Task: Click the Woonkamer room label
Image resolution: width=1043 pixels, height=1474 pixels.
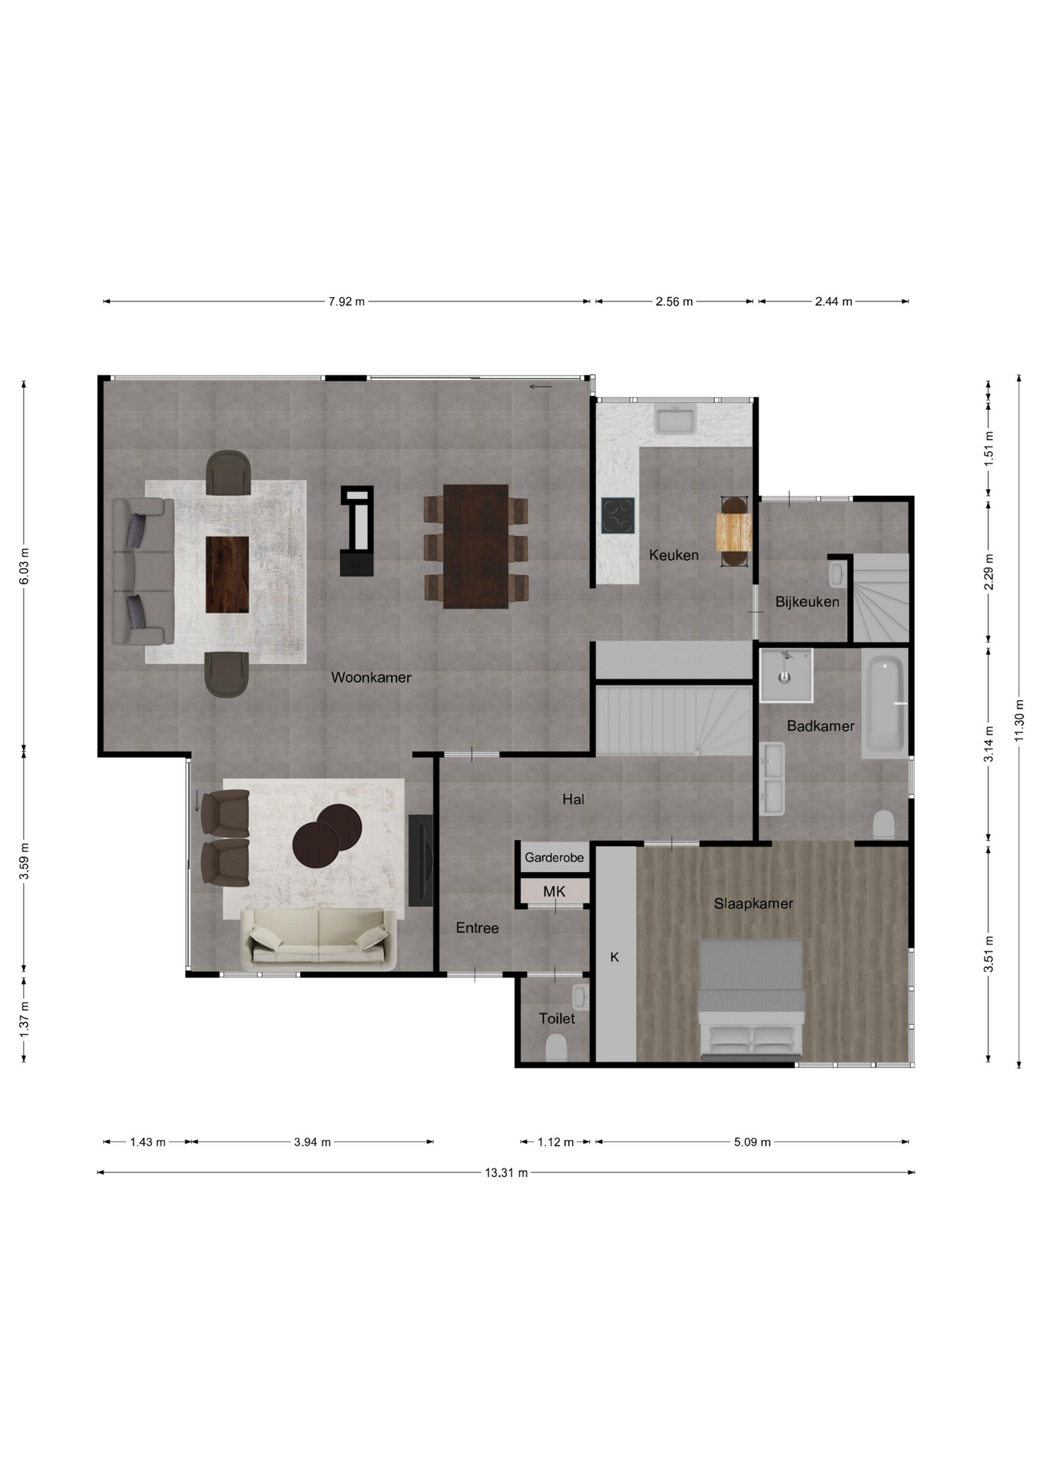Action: (371, 677)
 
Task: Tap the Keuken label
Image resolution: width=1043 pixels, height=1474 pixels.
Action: (674, 555)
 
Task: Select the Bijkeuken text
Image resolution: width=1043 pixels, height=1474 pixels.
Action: (806, 602)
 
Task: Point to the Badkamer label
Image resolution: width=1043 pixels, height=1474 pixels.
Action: (820, 725)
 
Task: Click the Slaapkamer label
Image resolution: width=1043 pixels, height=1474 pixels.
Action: (753, 904)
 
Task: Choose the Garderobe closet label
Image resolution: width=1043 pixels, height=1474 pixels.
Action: (555, 858)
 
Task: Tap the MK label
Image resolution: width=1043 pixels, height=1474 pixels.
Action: (555, 891)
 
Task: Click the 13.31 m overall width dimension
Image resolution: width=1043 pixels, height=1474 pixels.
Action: (506, 1172)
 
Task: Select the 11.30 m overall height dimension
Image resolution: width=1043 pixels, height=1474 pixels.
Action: (1019, 721)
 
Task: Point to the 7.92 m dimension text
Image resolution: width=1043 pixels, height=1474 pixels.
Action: (346, 302)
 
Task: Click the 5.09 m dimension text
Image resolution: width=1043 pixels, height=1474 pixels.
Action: (752, 1142)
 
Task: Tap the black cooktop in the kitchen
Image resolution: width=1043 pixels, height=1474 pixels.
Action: (618, 515)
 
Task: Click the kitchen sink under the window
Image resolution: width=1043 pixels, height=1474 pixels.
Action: (675, 420)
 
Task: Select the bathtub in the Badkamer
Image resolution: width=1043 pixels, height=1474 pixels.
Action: (884, 703)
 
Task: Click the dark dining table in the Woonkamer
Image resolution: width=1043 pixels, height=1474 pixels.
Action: (475, 547)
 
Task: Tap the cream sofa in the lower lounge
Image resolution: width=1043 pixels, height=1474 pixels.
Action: (319, 939)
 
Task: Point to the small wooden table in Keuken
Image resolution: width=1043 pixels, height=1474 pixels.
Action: (734, 532)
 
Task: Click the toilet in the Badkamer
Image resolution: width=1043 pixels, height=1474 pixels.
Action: (884, 825)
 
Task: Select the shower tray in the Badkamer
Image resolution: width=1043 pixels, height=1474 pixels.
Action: (786, 676)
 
